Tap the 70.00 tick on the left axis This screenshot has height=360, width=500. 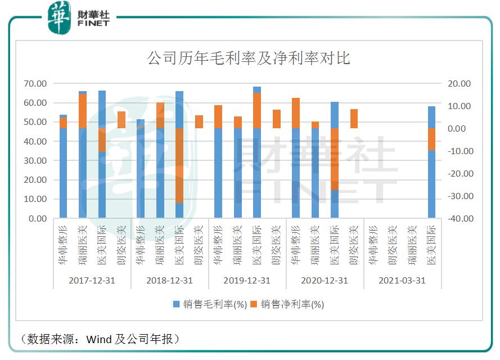35,84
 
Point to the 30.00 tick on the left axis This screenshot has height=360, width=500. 35,161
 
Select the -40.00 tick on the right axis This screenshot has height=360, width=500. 459,219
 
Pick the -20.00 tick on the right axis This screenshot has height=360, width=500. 459,174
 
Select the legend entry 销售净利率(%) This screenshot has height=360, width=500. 288,304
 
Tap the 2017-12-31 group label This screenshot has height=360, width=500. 92,280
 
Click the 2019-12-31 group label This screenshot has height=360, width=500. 247,280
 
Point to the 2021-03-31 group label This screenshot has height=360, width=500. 402,280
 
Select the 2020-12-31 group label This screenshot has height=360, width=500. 325,280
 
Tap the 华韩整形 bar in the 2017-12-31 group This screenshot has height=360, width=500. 63,169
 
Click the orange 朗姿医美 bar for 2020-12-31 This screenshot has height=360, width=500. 354,119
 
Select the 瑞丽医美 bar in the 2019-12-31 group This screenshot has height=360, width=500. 238,169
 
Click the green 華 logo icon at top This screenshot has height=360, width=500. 58,16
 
